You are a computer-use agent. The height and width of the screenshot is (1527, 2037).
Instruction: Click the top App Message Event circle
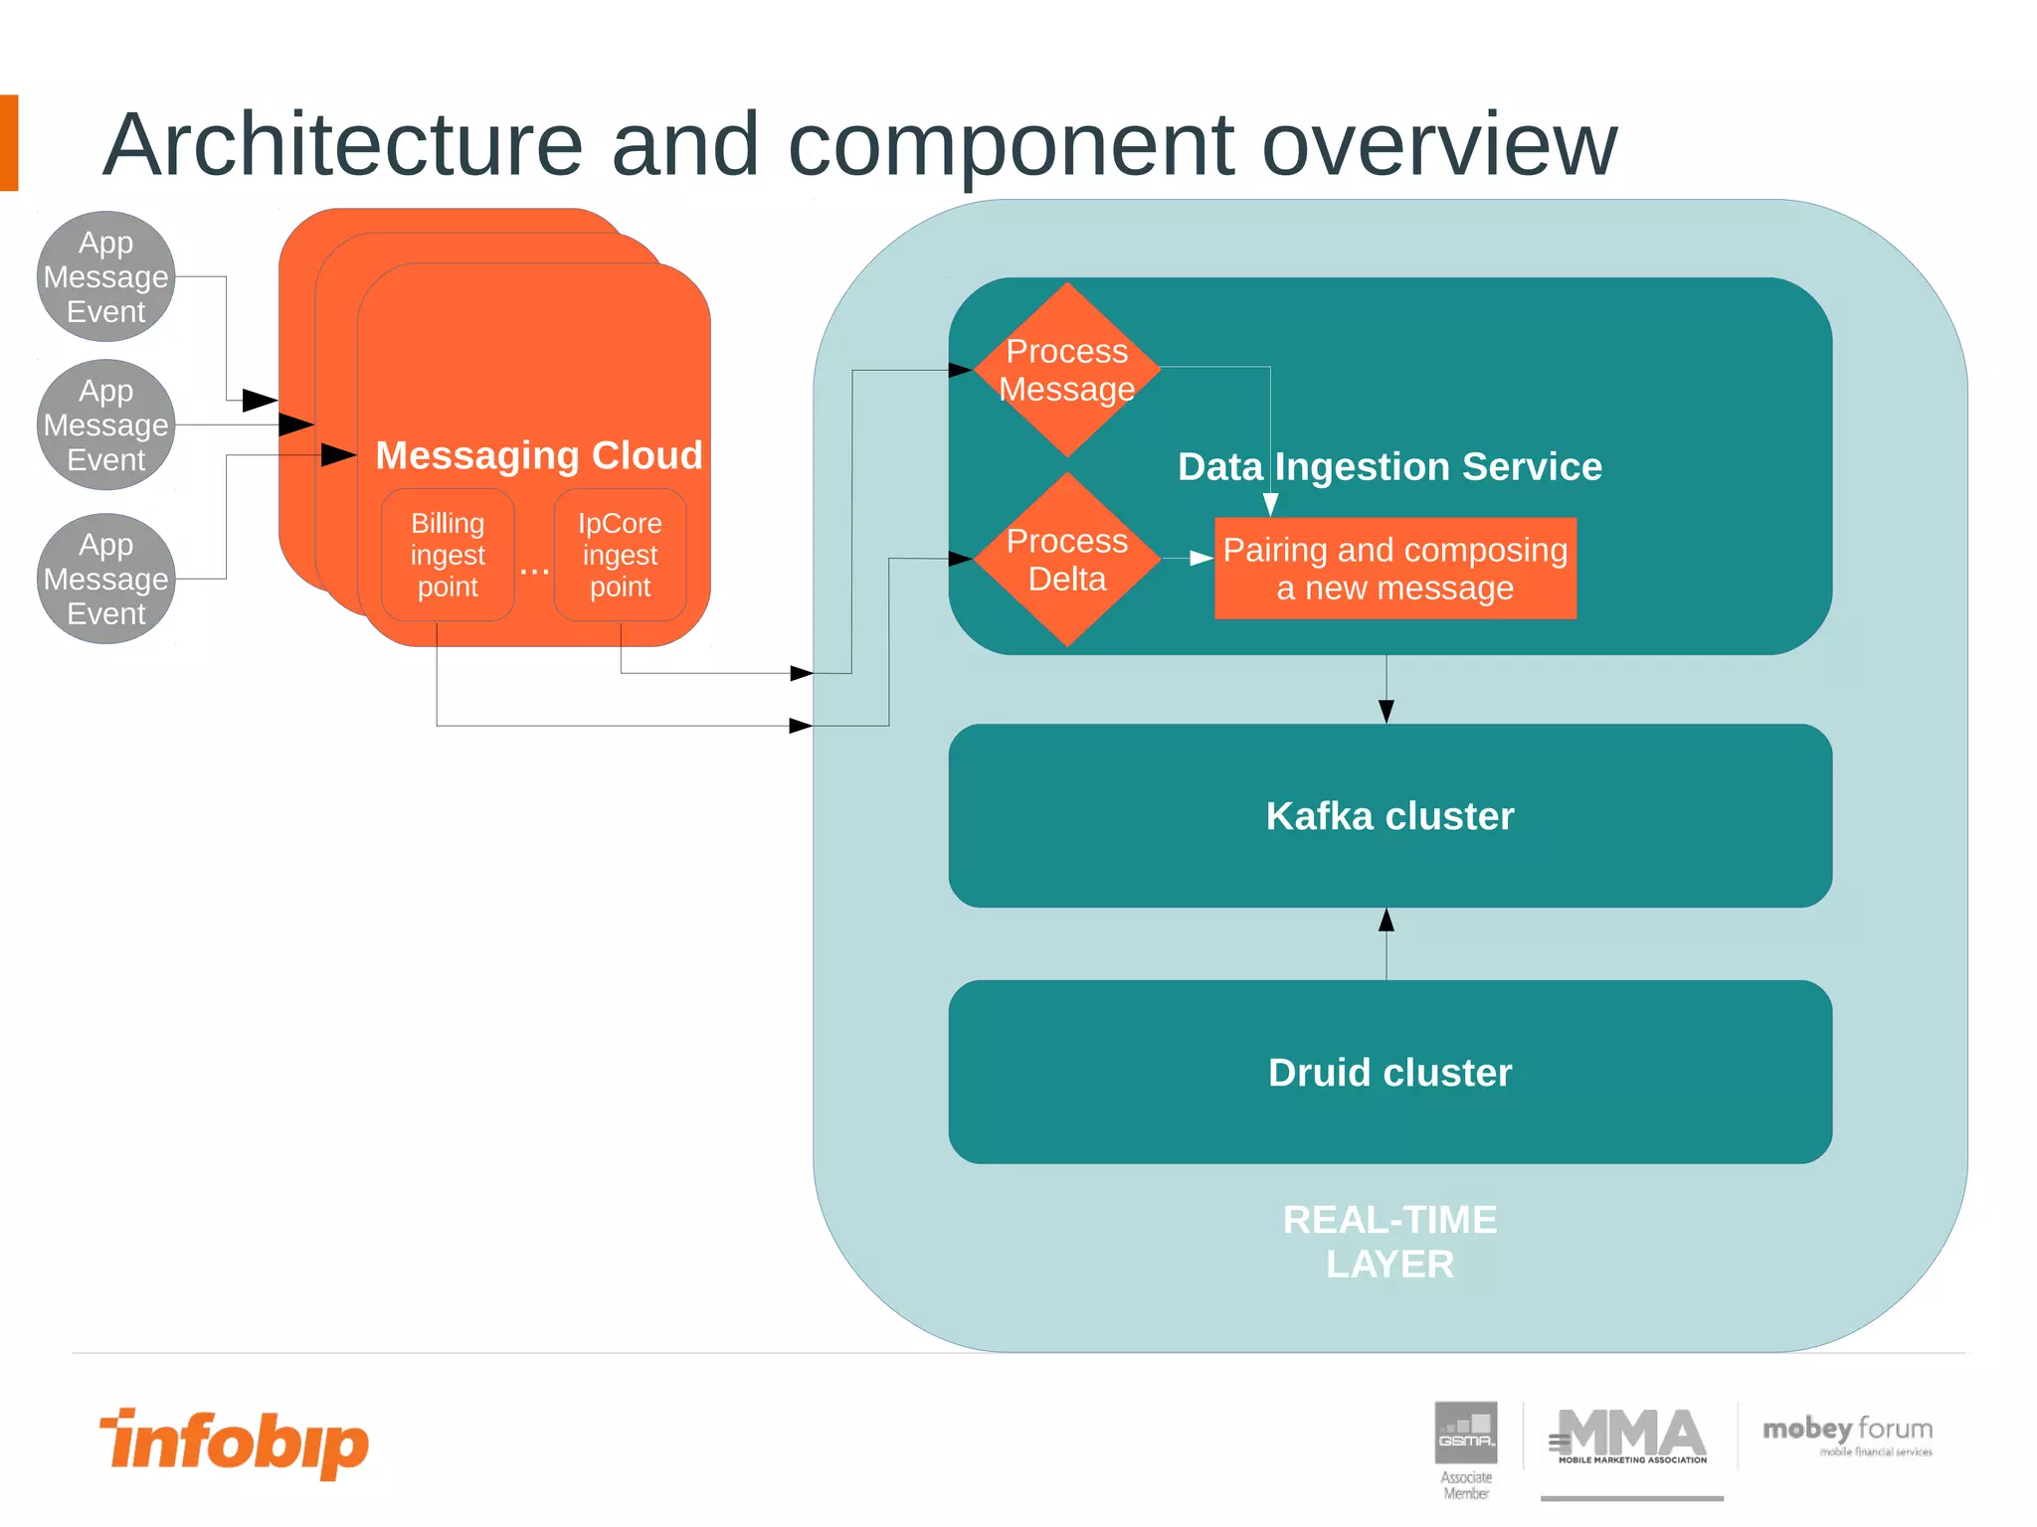click(x=106, y=276)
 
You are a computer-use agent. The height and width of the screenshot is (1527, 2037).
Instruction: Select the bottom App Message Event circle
click(x=106, y=579)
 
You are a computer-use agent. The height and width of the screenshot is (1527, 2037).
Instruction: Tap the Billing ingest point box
click(x=448, y=555)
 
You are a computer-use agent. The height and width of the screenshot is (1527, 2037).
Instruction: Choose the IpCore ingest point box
click(x=620, y=555)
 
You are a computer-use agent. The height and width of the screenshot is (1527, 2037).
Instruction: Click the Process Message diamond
click(x=1066, y=370)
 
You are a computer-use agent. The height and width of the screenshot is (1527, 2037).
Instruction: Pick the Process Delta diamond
click(x=1066, y=560)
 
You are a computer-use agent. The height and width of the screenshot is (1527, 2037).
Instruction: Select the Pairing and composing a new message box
click(x=1394, y=569)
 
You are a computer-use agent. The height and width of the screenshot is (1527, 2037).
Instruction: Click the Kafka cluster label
click(x=1389, y=816)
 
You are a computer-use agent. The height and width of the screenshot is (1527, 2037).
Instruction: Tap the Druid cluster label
click(x=1389, y=1073)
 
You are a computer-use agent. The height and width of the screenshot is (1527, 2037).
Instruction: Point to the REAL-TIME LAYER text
click(x=1389, y=1242)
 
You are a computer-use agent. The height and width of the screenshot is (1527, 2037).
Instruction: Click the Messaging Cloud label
click(x=539, y=455)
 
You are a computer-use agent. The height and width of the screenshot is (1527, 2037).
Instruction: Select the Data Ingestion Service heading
click(x=1389, y=466)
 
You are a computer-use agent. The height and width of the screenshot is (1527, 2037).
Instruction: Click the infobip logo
click(x=235, y=1442)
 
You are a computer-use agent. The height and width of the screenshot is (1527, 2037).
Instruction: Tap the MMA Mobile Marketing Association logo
click(x=1631, y=1437)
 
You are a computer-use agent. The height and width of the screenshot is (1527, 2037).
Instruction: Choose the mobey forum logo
click(x=1847, y=1435)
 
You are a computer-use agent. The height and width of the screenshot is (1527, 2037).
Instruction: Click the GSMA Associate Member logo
click(x=1466, y=1447)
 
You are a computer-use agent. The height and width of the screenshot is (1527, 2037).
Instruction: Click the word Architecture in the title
click(x=342, y=145)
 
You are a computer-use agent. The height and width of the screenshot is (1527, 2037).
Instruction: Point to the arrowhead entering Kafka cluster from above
click(x=1387, y=711)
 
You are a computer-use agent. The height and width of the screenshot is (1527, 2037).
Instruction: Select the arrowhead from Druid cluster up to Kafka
click(x=1387, y=921)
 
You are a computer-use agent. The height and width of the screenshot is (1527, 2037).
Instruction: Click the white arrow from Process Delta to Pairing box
click(x=1200, y=559)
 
